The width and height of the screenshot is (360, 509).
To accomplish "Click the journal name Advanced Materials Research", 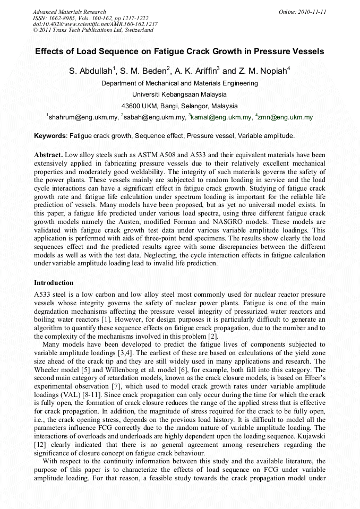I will pyautogui.click(x=69, y=12).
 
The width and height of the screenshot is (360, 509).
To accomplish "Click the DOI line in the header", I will pyautogui.click(x=95, y=24).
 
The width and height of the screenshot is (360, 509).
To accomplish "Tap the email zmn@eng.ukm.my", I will pyautogui.click(x=285, y=117).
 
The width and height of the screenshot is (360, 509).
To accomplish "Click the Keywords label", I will pyautogui.click(x=50, y=136).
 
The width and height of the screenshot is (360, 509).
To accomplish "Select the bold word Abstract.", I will pyautogui.click(x=48, y=155).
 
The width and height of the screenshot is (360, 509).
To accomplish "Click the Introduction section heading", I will pyautogui.click(x=54, y=283).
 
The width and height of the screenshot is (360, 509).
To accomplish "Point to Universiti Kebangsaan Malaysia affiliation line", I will pyautogui.click(x=179, y=94).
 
